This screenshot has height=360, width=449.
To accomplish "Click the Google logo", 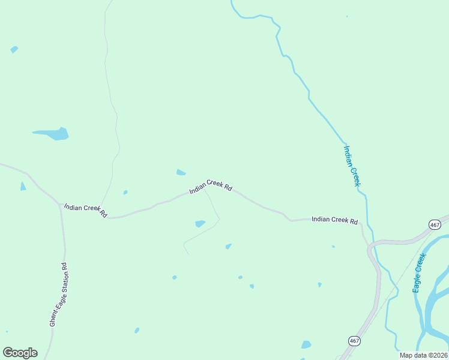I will tap(20, 353).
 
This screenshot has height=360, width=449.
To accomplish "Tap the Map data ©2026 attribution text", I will tap(423, 355).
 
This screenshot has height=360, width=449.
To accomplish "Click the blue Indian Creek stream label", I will tap(351, 165).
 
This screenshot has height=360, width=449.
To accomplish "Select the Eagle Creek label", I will tap(419, 273).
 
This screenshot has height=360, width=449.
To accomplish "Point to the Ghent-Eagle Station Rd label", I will tap(58, 294).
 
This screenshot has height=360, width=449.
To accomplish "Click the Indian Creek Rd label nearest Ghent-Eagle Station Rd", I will tap(85, 210).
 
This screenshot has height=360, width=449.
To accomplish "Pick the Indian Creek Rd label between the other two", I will tap(211, 186).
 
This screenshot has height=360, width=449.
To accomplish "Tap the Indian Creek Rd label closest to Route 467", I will tap(334, 220).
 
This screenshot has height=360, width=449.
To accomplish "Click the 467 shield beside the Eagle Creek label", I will tap(435, 224).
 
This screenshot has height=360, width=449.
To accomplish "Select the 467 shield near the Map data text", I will tap(354, 340).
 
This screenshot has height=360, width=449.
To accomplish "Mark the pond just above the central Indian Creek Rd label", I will tap(181, 173).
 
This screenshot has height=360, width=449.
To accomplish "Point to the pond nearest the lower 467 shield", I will tap(306, 344).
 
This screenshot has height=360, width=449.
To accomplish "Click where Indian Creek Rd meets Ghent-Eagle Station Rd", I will tap(61, 206).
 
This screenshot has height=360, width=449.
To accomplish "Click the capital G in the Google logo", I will tap(8, 353).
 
